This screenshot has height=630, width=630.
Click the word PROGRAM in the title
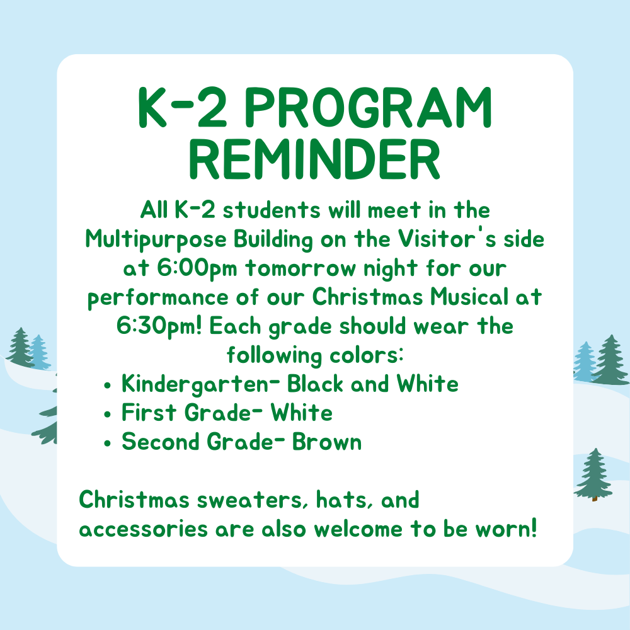click(368, 108)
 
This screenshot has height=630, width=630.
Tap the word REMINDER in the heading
click(314, 159)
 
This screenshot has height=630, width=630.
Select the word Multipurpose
click(156, 240)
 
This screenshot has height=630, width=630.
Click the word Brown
click(326, 442)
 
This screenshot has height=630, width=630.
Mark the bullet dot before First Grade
click(107, 415)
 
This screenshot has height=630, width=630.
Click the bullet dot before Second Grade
click(107, 443)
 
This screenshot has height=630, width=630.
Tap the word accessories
click(144, 529)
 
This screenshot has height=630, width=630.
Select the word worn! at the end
click(506, 529)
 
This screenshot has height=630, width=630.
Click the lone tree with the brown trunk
click(593, 474)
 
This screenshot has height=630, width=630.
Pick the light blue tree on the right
click(585, 361)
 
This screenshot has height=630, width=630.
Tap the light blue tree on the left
click(39, 352)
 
